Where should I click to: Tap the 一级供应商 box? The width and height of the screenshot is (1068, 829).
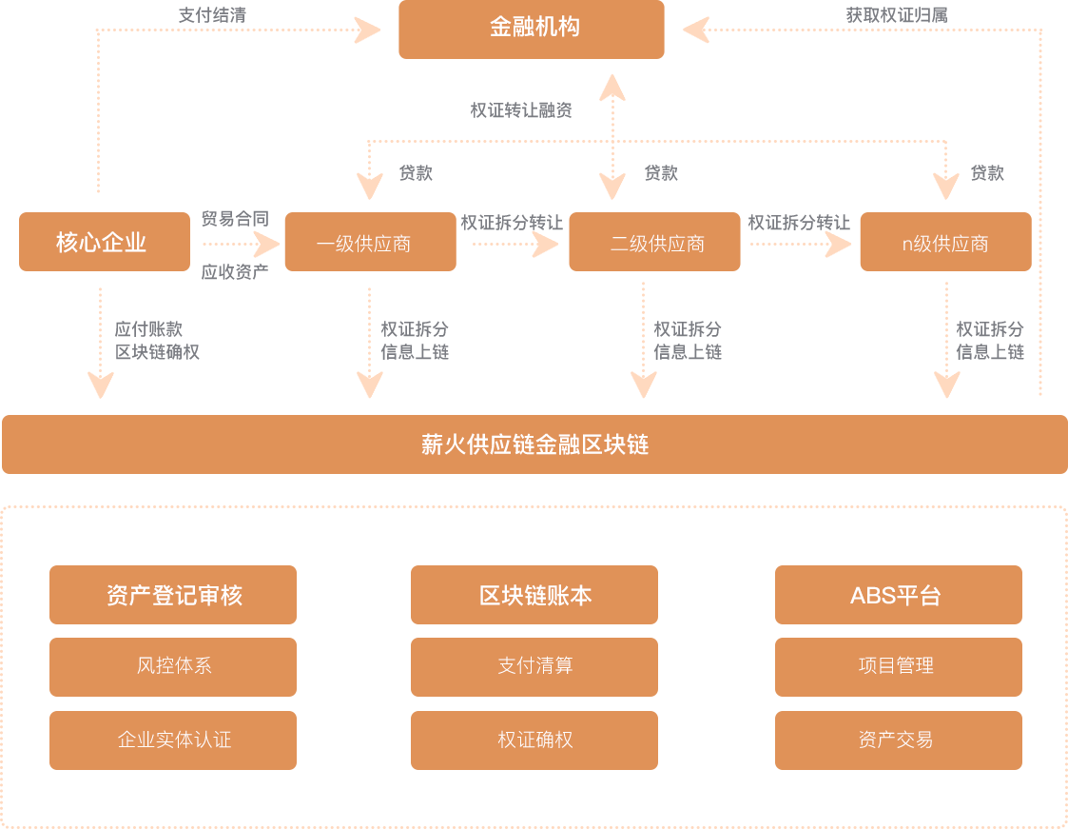click(369, 243)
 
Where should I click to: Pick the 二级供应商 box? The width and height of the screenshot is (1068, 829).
click(653, 243)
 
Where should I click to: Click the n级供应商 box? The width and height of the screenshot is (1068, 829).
click(945, 243)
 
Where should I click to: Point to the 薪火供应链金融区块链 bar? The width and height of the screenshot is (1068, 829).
click(534, 444)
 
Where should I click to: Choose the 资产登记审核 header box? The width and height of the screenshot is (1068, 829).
click(173, 596)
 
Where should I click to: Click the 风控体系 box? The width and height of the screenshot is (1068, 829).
click(173, 666)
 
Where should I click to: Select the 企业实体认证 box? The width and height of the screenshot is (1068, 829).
click(173, 740)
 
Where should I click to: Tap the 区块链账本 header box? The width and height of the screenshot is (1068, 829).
click(534, 596)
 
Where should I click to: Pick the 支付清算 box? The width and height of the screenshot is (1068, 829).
click(534, 666)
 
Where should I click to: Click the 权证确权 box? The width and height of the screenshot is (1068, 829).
click(534, 740)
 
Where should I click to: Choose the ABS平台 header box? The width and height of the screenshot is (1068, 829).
click(898, 596)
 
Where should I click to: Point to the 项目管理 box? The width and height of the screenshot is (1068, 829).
click(898, 666)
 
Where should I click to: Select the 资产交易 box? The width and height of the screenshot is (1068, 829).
click(898, 740)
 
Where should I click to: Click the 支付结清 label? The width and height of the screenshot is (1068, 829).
click(213, 15)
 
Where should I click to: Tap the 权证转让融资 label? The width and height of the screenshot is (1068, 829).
click(521, 110)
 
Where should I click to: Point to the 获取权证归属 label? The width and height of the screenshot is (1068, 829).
click(896, 15)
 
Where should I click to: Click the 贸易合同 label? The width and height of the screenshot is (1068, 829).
click(234, 220)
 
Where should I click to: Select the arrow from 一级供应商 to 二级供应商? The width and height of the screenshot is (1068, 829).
click(515, 245)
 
